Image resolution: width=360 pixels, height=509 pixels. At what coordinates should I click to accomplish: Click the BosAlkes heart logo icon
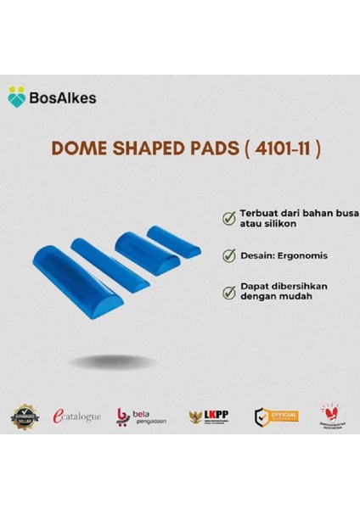17,96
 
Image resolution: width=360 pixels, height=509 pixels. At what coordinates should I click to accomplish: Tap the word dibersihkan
301,286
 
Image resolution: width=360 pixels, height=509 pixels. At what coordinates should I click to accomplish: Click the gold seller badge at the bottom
25,415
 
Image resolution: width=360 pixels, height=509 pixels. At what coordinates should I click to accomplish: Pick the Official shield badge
273,416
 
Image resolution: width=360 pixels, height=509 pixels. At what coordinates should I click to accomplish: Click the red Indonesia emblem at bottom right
330,415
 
